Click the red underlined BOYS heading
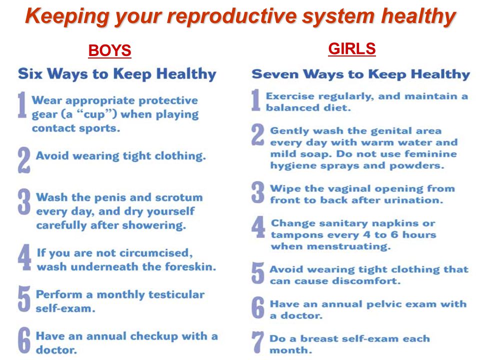109,50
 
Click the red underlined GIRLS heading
351,48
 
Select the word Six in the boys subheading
30,74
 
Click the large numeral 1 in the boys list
22,104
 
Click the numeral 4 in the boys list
24,257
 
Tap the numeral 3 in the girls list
258,192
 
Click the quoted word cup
94,114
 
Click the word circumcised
156,253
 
